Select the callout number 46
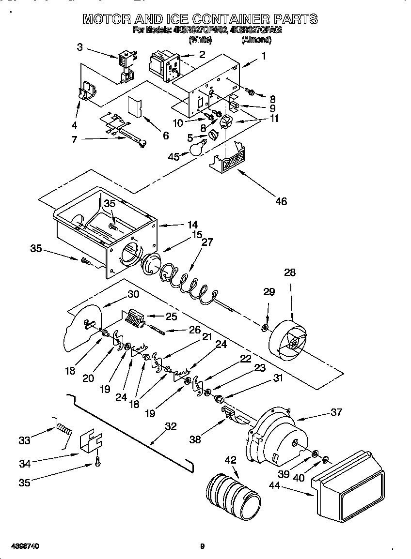[281, 201]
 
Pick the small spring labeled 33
[64, 428]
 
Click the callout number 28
[290, 272]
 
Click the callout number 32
[171, 426]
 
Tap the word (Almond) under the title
[256, 40]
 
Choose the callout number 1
[264, 56]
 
